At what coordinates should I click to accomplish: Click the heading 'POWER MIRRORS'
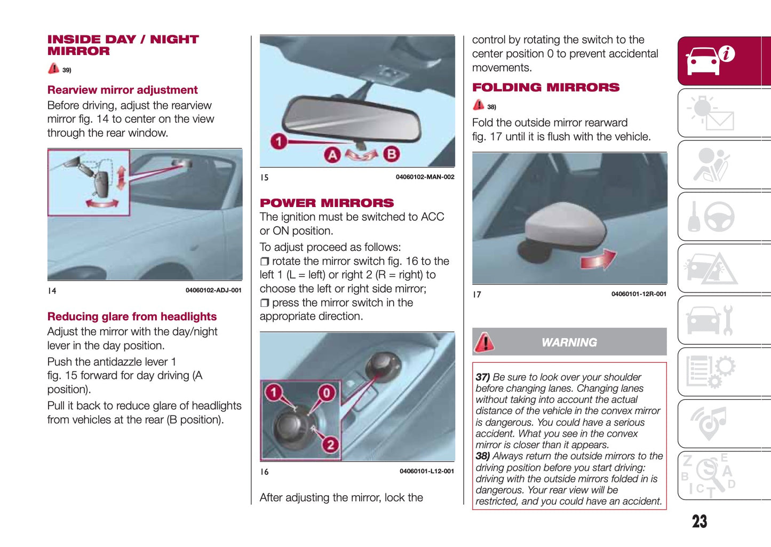(x=327, y=203)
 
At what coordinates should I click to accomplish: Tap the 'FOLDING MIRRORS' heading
(x=545, y=88)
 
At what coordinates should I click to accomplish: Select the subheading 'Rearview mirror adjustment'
(x=122, y=90)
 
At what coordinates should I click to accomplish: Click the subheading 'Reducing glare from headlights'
(x=132, y=316)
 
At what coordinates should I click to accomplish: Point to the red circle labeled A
(x=332, y=155)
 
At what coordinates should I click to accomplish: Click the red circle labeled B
(x=391, y=154)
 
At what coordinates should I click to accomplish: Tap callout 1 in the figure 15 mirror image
(x=278, y=141)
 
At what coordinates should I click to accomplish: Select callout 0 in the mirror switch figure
(x=327, y=393)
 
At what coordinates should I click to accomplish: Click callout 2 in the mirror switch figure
(x=330, y=444)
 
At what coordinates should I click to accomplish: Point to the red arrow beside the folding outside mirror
(x=599, y=260)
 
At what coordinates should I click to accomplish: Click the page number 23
(x=699, y=521)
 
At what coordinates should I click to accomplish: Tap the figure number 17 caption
(x=476, y=295)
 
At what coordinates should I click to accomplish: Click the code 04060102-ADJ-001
(x=213, y=290)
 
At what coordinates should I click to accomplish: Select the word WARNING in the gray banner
(x=569, y=343)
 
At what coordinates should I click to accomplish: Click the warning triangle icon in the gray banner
(x=484, y=342)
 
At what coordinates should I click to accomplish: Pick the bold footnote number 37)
(x=482, y=377)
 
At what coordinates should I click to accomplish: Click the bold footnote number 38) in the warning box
(x=482, y=456)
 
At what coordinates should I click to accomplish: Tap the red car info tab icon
(x=710, y=60)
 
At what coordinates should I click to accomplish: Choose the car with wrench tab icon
(x=710, y=320)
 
